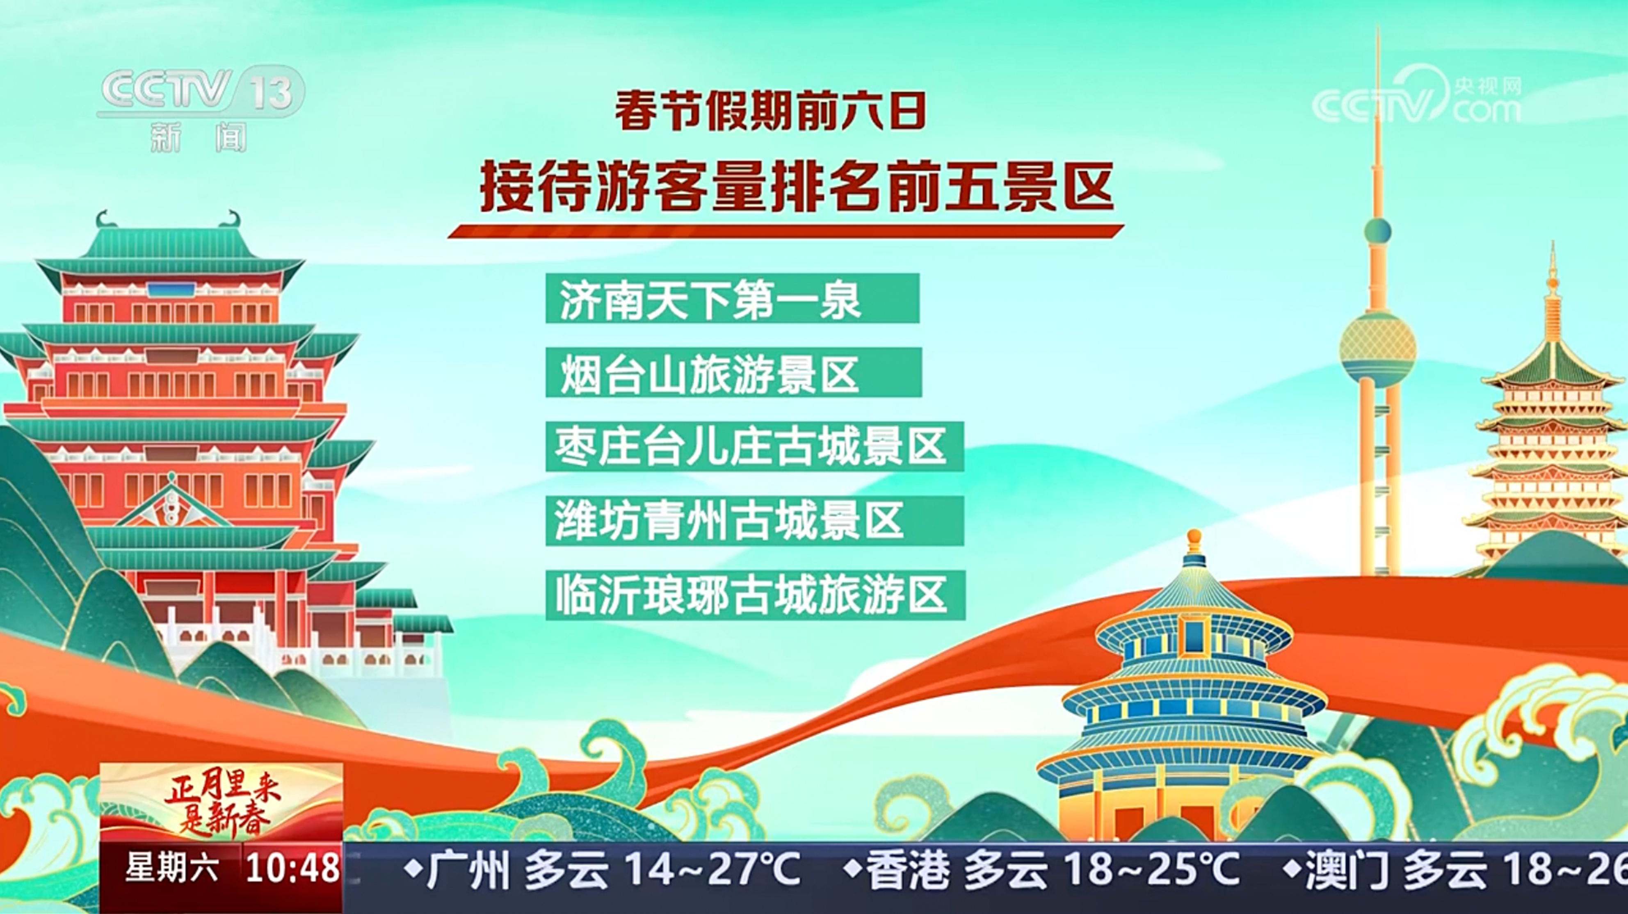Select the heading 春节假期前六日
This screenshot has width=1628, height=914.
pos(770,111)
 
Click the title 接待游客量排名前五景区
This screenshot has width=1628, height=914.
pos(796,186)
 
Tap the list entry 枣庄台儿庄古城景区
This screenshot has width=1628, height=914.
pos(755,447)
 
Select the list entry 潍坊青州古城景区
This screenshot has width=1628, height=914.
pos(755,521)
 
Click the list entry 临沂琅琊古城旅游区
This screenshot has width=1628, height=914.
pos(755,595)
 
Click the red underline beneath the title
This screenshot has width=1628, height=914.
pos(785,231)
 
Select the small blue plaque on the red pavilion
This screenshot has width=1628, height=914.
pos(171,290)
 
